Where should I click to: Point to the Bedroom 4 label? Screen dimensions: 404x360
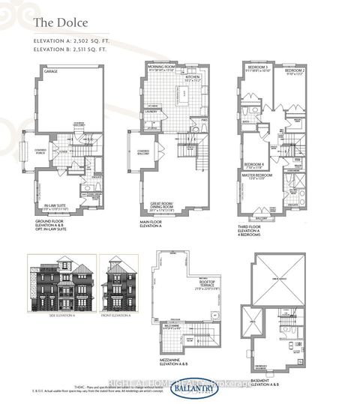pos(253,164)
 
